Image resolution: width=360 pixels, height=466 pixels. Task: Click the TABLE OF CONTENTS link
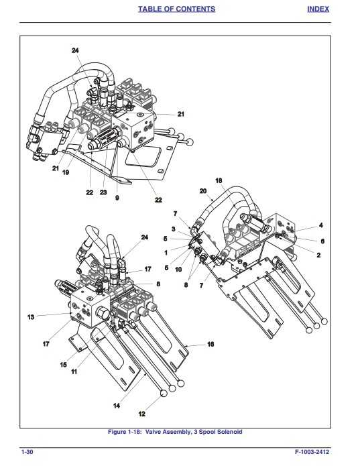[x=176, y=9]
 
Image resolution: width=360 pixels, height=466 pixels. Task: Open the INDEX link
[x=318, y=9]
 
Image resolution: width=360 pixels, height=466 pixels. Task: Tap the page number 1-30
[x=27, y=452]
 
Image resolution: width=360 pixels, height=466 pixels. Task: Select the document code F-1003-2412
[x=312, y=452]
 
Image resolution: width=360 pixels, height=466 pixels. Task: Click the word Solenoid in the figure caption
[x=229, y=432]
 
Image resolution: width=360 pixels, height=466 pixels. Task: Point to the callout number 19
[x=66, y=172]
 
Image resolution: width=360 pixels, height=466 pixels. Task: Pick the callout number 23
[x=103, y=192]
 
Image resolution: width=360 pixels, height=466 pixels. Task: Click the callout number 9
[x=117, y=198]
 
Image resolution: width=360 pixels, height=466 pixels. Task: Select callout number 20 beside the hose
[x=203, y=191]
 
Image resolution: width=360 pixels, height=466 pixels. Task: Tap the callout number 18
[x=219, y=180]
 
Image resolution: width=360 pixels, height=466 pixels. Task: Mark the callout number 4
[x=321, y=225]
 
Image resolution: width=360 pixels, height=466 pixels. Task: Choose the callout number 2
[x=318, y=255]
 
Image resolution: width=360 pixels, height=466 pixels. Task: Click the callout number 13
[x=31, y=317]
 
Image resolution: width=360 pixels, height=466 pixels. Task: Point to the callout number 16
[x=211, y=344]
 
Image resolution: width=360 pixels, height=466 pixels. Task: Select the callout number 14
[x=117, y=406]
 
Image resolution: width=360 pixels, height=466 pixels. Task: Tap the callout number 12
[x=142, y=414]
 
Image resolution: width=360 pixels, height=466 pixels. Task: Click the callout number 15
[x=64, y=365]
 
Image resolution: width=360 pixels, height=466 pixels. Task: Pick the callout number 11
[x=74, y=371]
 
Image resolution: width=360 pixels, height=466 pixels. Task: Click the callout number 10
[x=178, y=270]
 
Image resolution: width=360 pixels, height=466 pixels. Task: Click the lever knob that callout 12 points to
[x=164, y=394]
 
